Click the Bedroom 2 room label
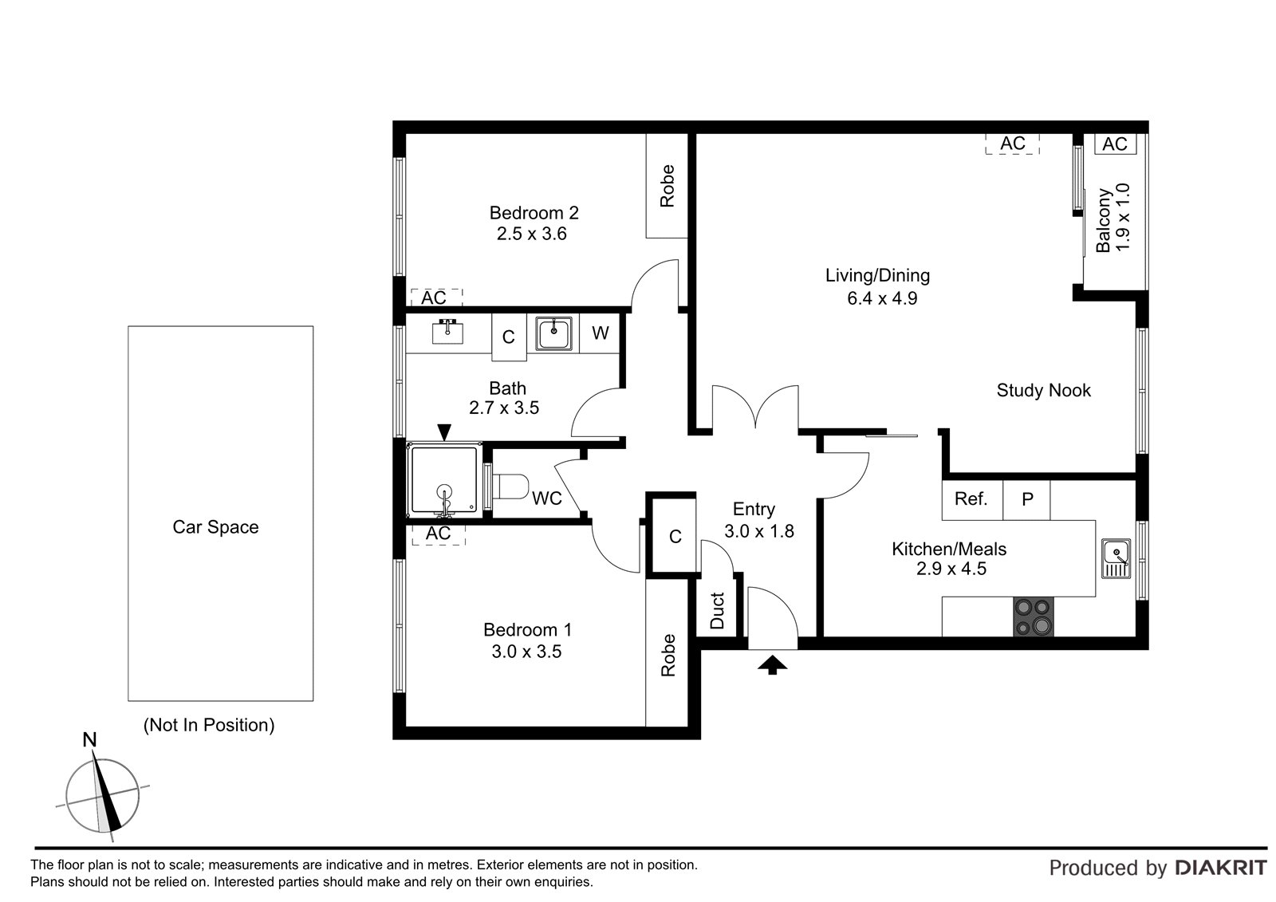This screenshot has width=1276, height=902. point(534,213)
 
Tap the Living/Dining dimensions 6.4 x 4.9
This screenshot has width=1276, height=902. point(882,298)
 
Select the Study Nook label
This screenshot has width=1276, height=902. point(1044,390)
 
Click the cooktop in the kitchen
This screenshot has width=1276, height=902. point(1034,616)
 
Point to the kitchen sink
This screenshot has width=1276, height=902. point(1116,558)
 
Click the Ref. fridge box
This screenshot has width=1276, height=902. point(972,500)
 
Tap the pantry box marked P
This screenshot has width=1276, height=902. point(1026,500)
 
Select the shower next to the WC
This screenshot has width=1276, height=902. point(444,480)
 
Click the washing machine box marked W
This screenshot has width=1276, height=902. point(600,333)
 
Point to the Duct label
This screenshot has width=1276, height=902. point(718,610)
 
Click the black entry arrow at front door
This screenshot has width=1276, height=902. point(773,665)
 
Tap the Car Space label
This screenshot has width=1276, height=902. point(215,527)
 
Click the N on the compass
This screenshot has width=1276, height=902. point(89,739)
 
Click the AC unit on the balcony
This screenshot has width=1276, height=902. point(1116,144)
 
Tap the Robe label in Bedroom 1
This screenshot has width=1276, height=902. point(668,656)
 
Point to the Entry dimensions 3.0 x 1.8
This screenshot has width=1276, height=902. point(758,531)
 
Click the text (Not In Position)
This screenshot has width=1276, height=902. point(209,726)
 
